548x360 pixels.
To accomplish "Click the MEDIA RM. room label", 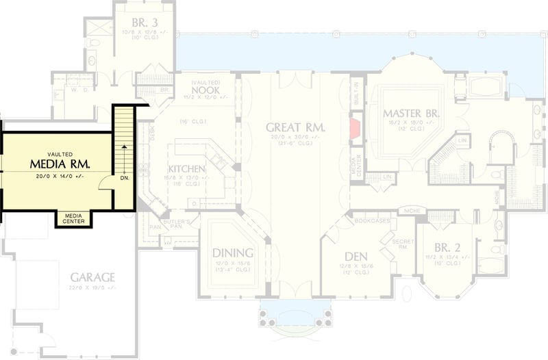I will (x=60, y=164).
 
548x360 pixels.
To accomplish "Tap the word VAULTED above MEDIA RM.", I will (x=60, y=155).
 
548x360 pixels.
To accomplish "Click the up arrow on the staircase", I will (x=124, y=145).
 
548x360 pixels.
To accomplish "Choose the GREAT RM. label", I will (x=295, y=127).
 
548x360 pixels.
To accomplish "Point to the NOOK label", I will (x=204, y=90).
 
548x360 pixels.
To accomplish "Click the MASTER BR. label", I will (x=410, y=112).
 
